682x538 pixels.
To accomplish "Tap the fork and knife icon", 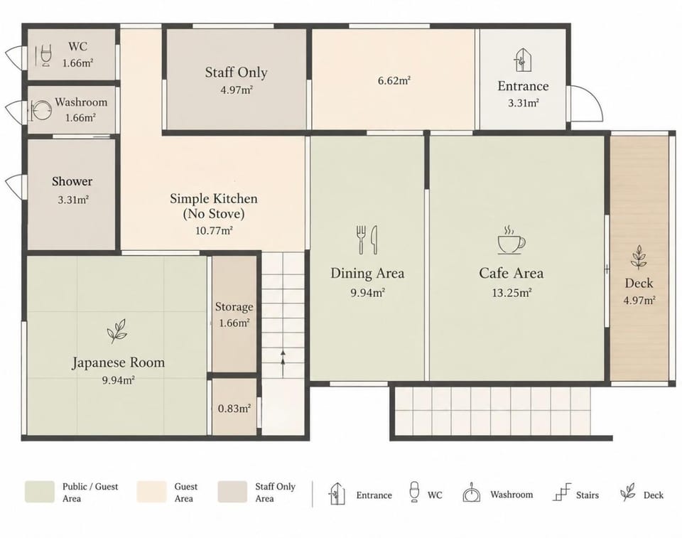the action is pos(367,240).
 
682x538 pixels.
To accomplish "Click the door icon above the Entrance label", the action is pos(522,60).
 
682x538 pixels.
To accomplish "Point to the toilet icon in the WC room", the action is pos(45,55).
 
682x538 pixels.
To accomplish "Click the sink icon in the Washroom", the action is pos(41,110).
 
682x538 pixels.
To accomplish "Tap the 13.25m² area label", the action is pos(511,293).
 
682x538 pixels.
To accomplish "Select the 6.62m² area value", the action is pos(394,80).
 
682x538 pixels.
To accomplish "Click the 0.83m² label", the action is pos(234,409).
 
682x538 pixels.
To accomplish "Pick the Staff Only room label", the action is pos(236,72).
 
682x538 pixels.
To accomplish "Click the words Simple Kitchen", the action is pos(214,198).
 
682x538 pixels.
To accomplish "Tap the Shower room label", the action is pos(72,181).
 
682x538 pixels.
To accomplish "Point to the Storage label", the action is pos(234,307).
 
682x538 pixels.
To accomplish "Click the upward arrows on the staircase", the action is pos(283,363).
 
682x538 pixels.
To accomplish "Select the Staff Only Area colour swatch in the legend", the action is pos(232,492).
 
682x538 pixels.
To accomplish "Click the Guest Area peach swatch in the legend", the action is pos(151,492).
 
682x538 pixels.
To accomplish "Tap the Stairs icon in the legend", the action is pos(561,493).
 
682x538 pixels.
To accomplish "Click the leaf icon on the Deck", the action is pos(639,257).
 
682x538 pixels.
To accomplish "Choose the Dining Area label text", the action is pos(367,274).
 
